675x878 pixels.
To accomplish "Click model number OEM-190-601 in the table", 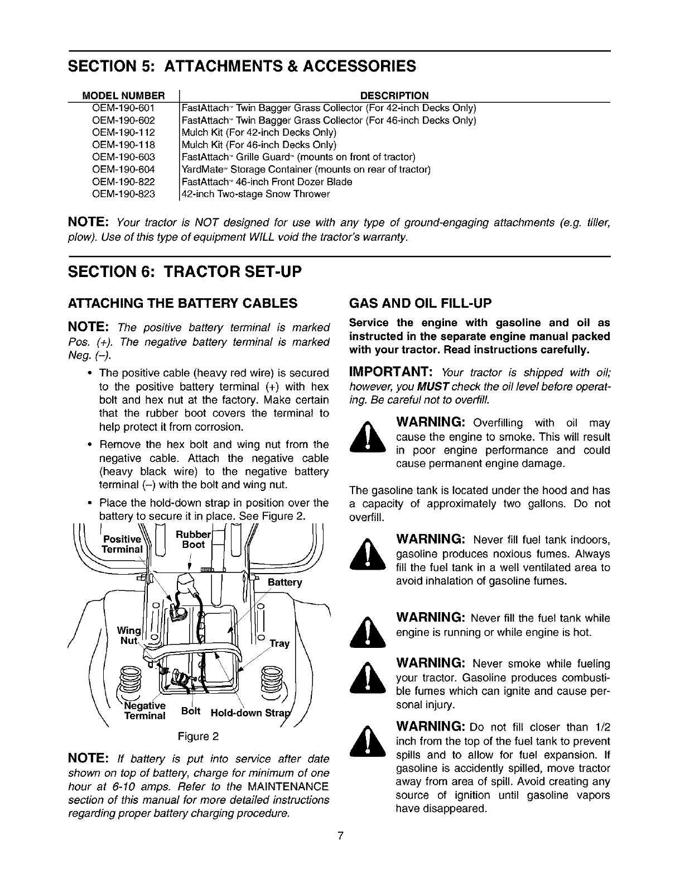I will [123, 108].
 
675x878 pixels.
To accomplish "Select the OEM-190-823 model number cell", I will [123, 194].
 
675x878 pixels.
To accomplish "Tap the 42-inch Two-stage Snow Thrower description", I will [256, 194].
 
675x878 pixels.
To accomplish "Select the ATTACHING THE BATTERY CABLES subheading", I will [181, 304].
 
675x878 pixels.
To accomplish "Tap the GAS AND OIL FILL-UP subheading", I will [420, 304].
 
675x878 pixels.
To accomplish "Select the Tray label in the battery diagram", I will [279, 643].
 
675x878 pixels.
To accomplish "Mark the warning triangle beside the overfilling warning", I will [366, 441].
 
